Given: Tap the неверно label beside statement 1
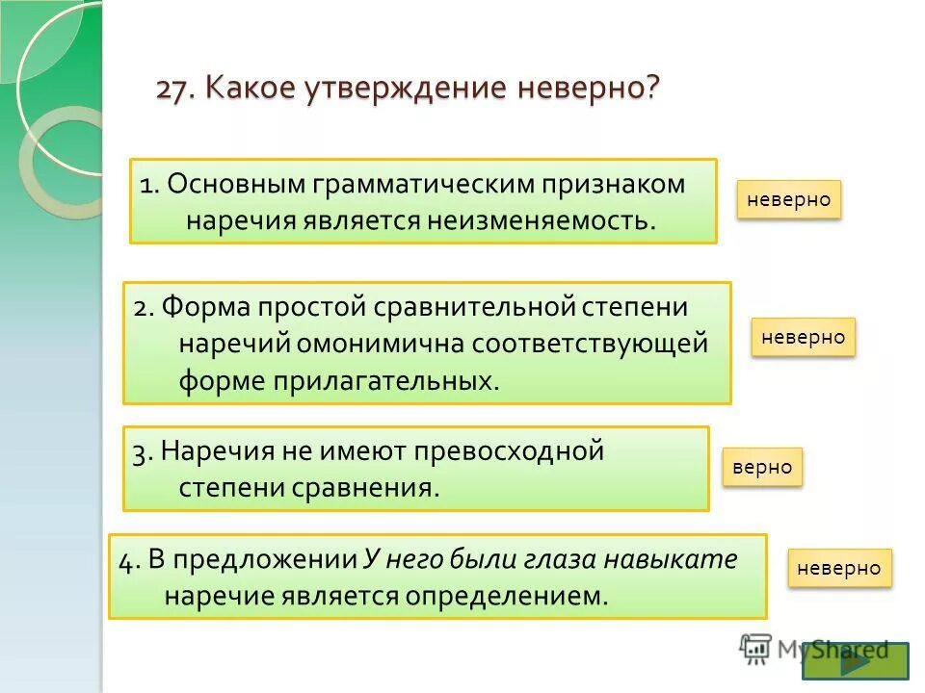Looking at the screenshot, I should (x=789, y=199).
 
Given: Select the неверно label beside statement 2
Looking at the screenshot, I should (x=803, y=337).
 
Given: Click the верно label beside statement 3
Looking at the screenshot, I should (x=761, y=467).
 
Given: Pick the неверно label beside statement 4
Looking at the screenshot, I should (x=839, y=568).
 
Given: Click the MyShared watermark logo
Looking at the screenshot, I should (x=814, y=648).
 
